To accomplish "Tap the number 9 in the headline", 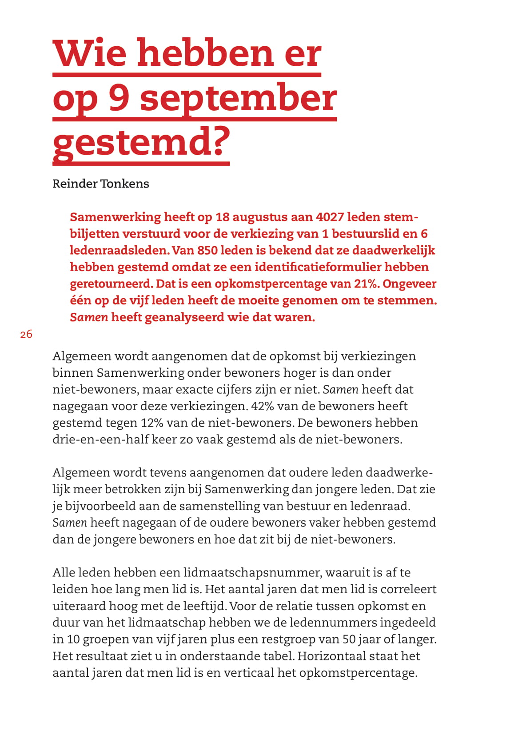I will click(x=119, y=98).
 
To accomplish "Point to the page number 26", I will click(x=26, y=334).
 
